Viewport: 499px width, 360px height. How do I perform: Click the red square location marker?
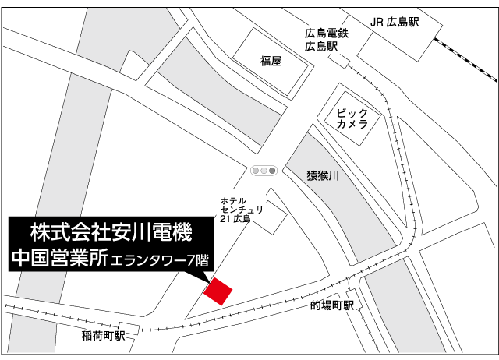pyautogui.click(x=218, y=291)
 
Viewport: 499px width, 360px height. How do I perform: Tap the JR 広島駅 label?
pyautogui.click(x=393, y=23)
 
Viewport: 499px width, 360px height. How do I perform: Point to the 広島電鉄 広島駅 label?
pyautogui.click(x=326, y=40)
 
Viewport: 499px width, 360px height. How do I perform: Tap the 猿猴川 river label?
pyautogui.click(x=323, y=176)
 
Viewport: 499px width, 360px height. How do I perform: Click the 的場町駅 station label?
pyautogui.click(x=332, y=305)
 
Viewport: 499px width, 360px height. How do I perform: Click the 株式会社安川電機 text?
pyautogui.click(x=110, y=231)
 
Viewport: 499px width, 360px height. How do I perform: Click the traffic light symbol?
pyautogui.click(x=264, y=170)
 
